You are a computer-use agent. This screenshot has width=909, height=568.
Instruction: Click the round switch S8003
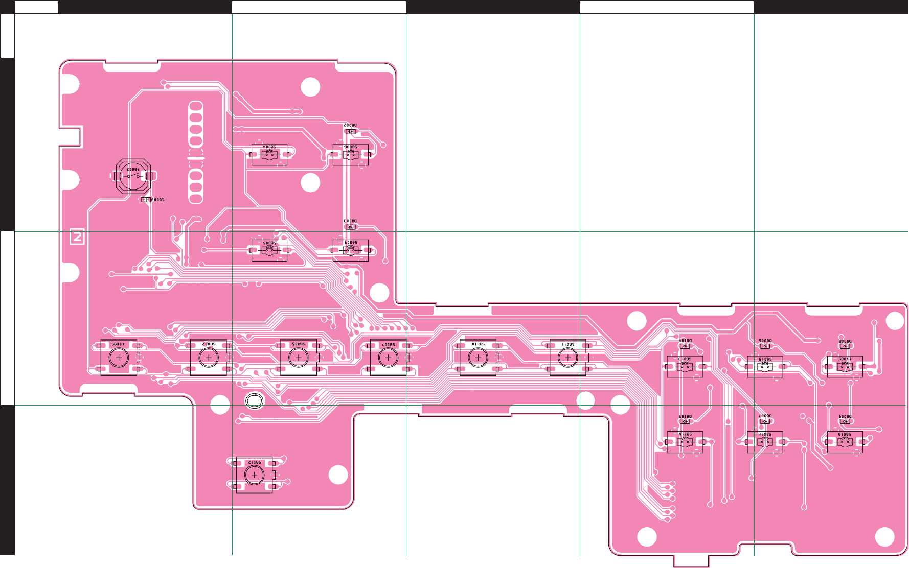coord(133,176)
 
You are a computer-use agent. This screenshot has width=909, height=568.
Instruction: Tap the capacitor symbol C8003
coord(146,200)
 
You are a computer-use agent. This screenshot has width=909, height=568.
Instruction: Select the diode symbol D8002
coord(350,131)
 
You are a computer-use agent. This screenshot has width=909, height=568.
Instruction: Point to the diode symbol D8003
coord(350,227)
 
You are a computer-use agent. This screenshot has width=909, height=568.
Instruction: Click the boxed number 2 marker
coord(77,237)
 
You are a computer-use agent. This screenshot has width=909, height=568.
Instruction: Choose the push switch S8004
coord(269,155)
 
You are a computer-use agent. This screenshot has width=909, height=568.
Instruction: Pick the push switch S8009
coord(351,250)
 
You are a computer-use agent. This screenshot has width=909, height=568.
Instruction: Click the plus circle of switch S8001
coord(119,358)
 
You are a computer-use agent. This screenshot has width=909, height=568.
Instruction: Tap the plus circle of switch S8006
coord(299,358)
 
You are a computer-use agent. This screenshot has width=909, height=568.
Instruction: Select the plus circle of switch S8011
coord(567,358)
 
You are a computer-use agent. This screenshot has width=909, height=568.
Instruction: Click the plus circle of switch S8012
coord(254,475)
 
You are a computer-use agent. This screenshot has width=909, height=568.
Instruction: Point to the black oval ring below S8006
coord(254,401)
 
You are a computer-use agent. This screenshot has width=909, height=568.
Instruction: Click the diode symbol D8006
coord(765,346)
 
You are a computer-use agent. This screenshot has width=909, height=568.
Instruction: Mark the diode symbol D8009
coord(845,421)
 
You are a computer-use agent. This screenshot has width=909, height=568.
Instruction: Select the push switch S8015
coord(765,367)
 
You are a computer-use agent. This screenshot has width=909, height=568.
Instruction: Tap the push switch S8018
coord(845,442)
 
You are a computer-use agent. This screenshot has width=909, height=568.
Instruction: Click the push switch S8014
coord(685,442)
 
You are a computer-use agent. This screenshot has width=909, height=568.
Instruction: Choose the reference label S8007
coord(388,345)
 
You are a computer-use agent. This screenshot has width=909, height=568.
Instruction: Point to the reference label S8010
coord(478,345)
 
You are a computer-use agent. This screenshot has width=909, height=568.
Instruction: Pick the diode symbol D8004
coord(685,346)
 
